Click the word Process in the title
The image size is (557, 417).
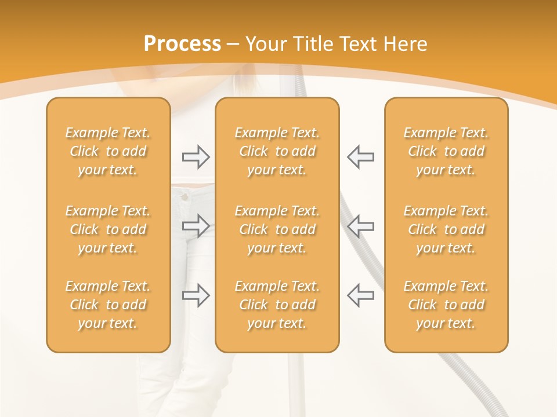pos(182,44)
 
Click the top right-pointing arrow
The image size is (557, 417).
pos(196,157)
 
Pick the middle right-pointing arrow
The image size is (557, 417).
pos(196,225)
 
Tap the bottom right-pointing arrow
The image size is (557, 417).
pos(196,295)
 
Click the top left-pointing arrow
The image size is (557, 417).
pos(360,157)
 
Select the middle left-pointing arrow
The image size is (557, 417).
pos(360,225)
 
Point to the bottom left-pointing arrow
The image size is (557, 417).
pos(360,295)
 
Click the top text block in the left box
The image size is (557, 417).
pos(108,151)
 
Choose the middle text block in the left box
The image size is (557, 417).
pos(108,229)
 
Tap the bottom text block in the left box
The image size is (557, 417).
pos(108,305)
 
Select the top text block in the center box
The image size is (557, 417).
pos(277,151)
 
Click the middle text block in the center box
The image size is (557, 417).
pos(277,229)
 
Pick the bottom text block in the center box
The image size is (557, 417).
pos(277,305)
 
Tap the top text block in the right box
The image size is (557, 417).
pos(446,151)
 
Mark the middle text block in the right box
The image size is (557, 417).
pos(446,229)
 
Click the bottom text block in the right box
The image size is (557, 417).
pos(446,305)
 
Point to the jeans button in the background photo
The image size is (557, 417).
pos(184,197)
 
